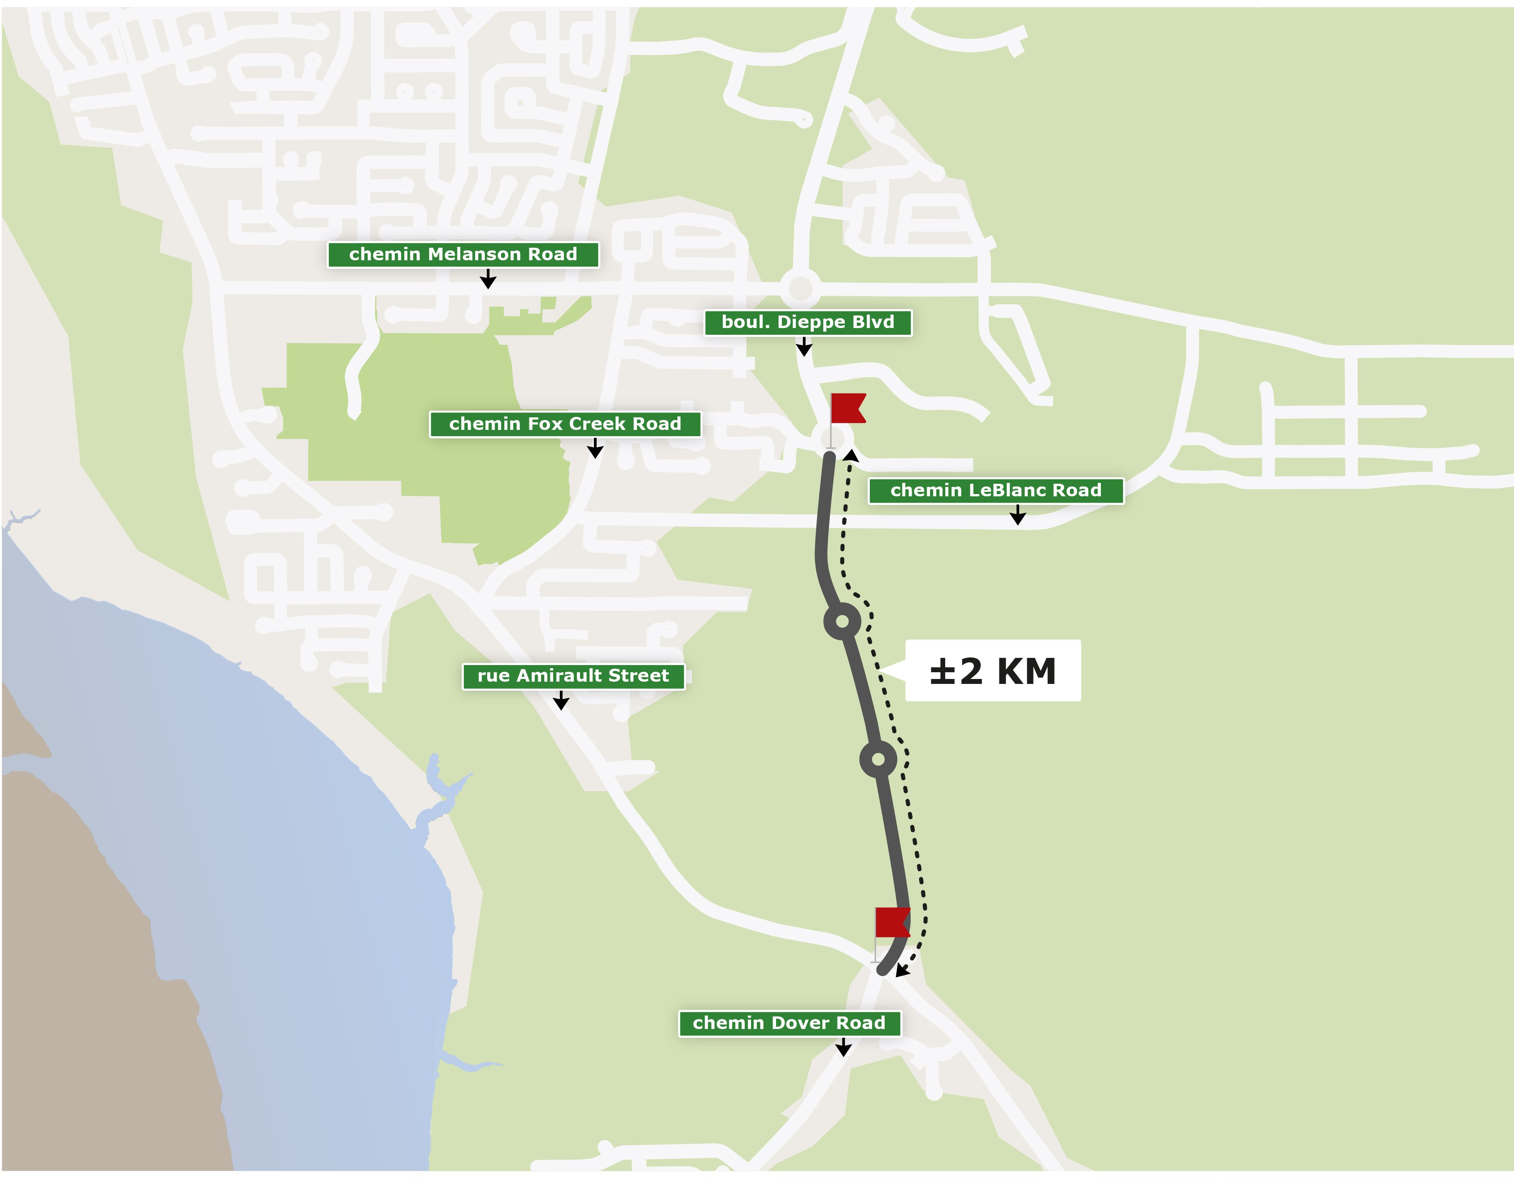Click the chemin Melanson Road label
(463, 254)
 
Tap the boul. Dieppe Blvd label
(807, 322)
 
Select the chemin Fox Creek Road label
(565, 424)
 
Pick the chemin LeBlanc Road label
(995, 491)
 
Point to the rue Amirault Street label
(573, 676)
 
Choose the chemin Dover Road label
(789, 1023)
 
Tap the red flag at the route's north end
(848, 408)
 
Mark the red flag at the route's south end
(892, 922)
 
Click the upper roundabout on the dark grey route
(842, 621)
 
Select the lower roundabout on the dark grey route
(878, 759)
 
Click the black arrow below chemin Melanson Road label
(488, 280)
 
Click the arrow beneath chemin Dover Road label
(843, 1048)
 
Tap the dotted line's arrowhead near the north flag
(851, 455)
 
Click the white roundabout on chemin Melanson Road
(801, 288)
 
